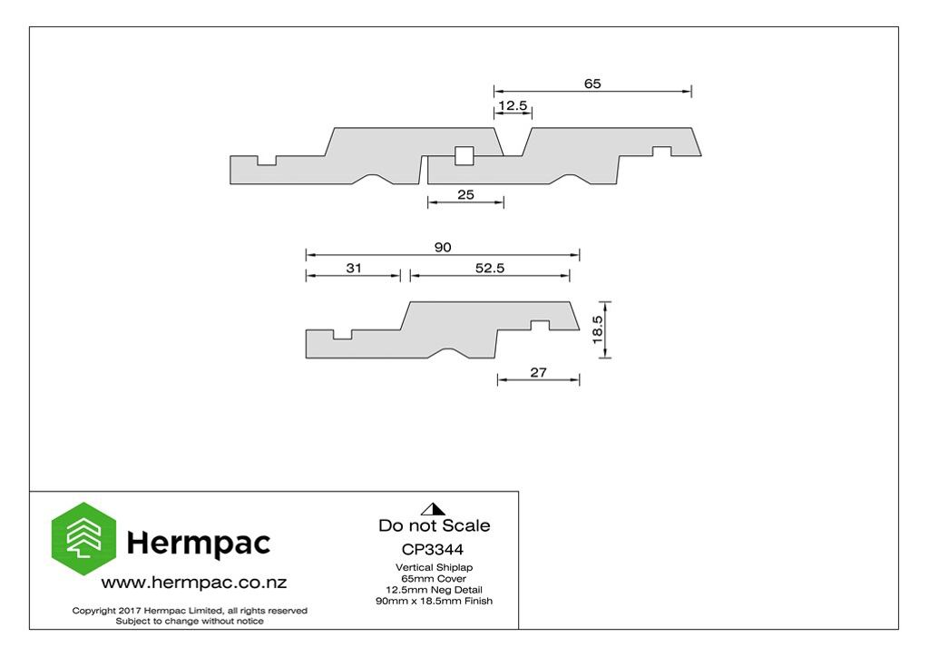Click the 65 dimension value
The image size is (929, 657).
click(x=592, y=83)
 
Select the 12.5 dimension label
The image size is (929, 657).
click(x=513, y=105)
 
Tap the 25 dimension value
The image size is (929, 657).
click(x=465, y=194)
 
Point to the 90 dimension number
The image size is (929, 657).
click(x=443, y=247)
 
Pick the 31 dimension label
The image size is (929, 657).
click(x=354, y=268)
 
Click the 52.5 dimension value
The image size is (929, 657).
click(x=490, y=268)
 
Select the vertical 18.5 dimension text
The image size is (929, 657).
click(x=597, y=329)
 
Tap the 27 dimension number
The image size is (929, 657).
click(x=538, y=372)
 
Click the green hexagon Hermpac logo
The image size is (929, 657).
click(x=83, y=538)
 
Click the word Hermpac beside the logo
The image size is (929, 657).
click(x=199, y=543)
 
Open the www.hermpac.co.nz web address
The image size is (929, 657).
click(x=194, y=583)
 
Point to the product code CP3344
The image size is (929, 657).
click(x=433, y=549)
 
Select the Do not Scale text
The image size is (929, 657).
click(x=435, y=525)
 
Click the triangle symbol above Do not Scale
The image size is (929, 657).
click(x=433, y=509)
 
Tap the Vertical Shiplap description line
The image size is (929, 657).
click(x=435, y=567)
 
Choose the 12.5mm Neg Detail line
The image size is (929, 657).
click(x=435, y=590)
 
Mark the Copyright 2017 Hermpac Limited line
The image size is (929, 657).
click(x=190, y=610)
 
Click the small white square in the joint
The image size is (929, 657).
click(x=464, y=156)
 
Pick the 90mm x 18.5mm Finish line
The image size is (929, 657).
click(x=435, y=601)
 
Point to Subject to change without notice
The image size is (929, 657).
click(x=190, y=621)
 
